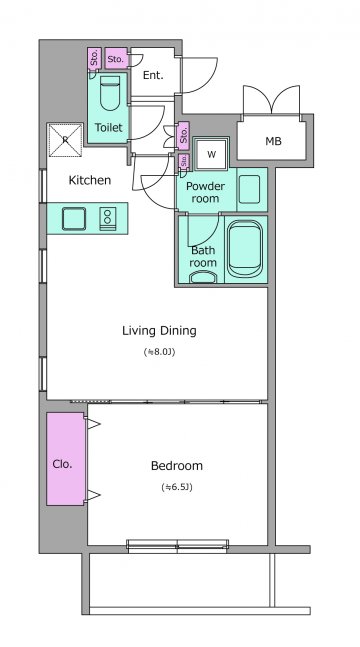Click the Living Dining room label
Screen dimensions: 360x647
pyautogui.click(x=159, y=331)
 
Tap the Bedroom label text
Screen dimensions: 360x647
pyautogui.click(x=177, y=466)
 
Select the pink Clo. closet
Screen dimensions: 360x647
pyautogui.click(x=65, y=459)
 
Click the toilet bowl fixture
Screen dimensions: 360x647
pyautogui.click(x=110, y=93)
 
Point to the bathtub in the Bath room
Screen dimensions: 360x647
pyautogui.click(x=245, y=248)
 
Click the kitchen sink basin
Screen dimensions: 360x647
pyautogui.click(x=74, y=219)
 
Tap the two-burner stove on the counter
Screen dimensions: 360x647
pyautogui.click(x=107, y=219)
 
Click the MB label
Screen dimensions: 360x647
pyautogui.click(x=273, y=142)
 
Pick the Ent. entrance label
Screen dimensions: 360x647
pyautogui.click(x=153, y=76)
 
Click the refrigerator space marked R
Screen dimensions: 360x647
pyautogui.click(x=65, y=140)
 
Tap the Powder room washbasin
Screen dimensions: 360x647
pyautogui.click(x=249, y=189)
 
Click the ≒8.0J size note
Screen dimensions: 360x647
pyautogui.click(x=159, y=352)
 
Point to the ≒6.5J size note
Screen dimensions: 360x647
pyautogui.click(x=177, y=487)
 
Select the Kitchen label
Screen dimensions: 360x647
pyautogui.click(x=90, y=180)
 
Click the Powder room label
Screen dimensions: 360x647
pyautogui.click(x=205, y=192)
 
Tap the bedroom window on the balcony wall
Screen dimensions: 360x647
pyautogui.click(x=178, y=545)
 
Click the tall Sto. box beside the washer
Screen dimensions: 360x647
pyautogui.click(x=183, y=135)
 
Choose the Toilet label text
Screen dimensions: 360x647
pyautogui.click(x=109, y=128)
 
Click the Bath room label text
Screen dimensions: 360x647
pyautogui.click(x=203, y=256)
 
